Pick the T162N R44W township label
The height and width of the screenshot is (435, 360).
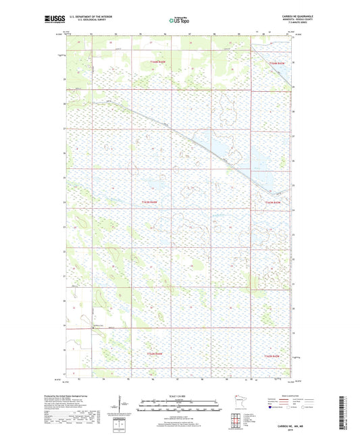(x=156, y=353)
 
